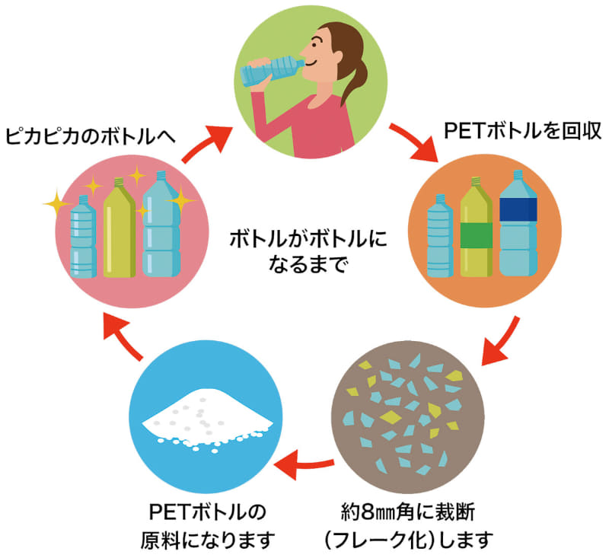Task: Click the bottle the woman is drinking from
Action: click(270, 70)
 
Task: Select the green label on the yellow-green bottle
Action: click(476, 235)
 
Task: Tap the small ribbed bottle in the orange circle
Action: click(440, 238)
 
